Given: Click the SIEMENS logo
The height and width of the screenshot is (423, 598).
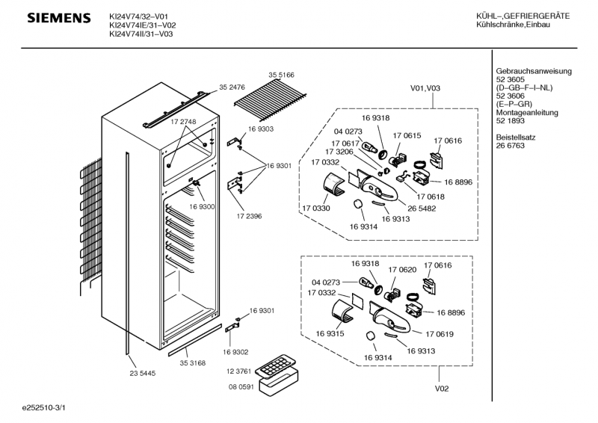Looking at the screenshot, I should tap(59, 17).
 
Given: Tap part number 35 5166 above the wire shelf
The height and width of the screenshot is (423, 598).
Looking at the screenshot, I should tap(281, 75).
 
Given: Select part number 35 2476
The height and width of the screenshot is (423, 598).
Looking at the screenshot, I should tap(232, 87).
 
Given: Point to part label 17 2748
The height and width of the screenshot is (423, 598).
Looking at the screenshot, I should tap(183, 121).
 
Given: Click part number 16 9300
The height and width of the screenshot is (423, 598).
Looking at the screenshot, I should tap(202, 206).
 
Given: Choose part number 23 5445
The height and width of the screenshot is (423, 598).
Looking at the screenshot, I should tap(142, 373).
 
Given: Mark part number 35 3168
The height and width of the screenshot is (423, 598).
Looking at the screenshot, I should tap(192, 363).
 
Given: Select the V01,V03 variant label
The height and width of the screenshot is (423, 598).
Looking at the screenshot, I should tap(425, 87).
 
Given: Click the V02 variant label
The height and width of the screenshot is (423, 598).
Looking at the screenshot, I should tap(442, 389).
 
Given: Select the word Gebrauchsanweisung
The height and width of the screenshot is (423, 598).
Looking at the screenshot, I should tap(534, 71).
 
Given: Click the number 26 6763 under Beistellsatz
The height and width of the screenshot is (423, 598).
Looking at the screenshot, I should tap(511, 146).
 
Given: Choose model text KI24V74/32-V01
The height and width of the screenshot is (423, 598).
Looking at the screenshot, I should tap(143, 16).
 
